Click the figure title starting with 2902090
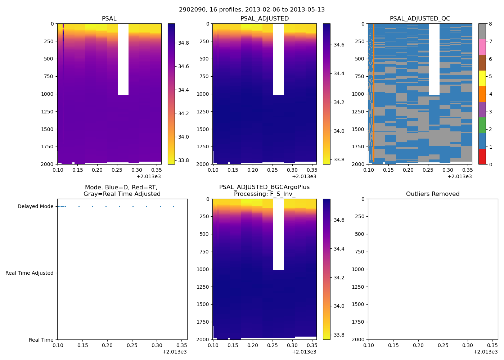tap(252, 10)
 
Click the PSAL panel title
tap(109, 19)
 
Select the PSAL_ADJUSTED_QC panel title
tap(420, 19)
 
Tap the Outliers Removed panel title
tap(433, 194)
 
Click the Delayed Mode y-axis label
tap(35, 207)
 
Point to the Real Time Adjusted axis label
tap(29, 273)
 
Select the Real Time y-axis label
tap(41, 340)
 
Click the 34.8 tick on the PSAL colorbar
tap(184, 43)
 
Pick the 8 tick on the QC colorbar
tap(490, 24)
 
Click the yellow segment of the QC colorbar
tap(482, 78)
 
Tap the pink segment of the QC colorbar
tap(482, 47)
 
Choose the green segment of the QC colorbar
tap(482, 125)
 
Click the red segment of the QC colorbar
tap(482, 156)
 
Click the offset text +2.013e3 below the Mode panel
tap(175, 352)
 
